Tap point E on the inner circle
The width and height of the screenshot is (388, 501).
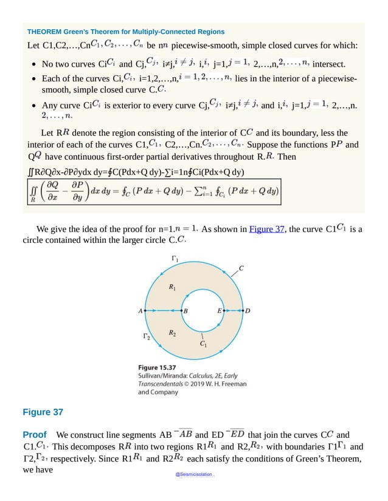225,310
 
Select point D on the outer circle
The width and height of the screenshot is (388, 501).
243,310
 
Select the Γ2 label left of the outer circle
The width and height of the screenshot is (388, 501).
147,336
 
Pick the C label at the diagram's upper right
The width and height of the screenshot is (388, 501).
241,268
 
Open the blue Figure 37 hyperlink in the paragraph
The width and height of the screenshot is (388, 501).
267,230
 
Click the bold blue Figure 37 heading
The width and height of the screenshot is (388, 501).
43,412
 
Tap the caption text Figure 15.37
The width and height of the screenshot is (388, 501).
157,367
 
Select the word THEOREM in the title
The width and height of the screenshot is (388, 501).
45,32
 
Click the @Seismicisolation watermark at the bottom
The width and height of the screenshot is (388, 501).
193,472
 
